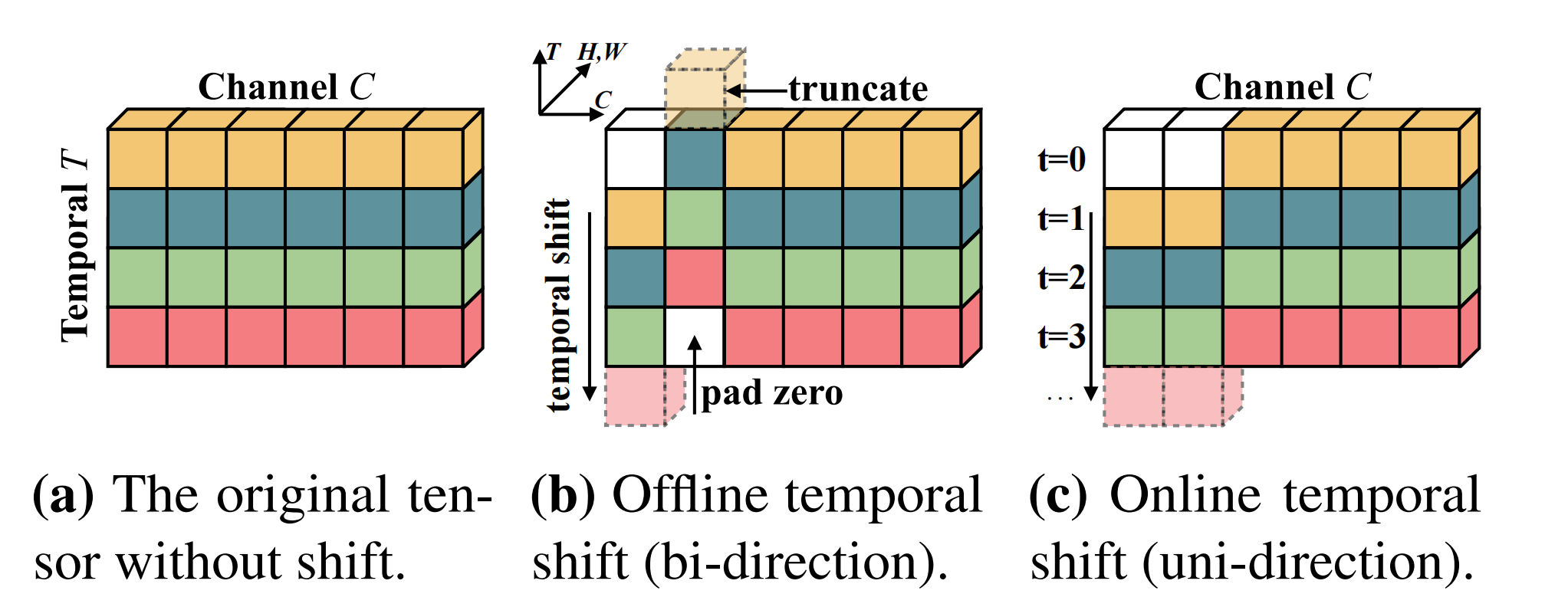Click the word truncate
tap(858, 89)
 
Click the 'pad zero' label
tap(771, 393)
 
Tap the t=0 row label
tap(1062, 159)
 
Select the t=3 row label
tap(1062, 336)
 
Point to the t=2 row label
tap(1062, 277)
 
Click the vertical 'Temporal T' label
tap(76, 245)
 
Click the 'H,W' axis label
tap(602, 52)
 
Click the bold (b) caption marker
tap(563, 496)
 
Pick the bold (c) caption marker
tap(1058, 496)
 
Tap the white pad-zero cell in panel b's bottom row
tap(694, 336)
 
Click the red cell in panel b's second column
tap(694, 277)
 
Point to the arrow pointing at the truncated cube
tap(756, 91)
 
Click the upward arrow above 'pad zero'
tap(695, 375)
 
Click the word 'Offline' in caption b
tap(690, 496)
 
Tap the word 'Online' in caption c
tap(1185, 496)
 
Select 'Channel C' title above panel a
tap(286, 87)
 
